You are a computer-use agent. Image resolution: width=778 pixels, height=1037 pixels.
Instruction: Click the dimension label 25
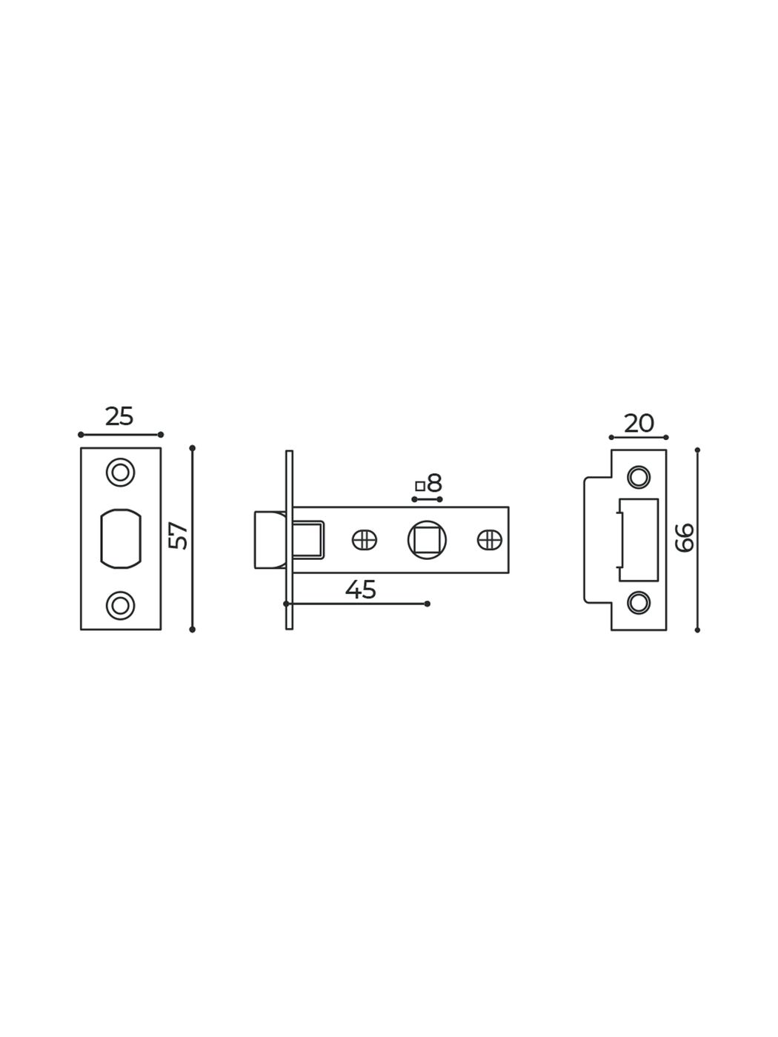pos(119,416)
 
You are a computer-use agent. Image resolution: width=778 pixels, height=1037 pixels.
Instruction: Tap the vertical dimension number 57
pos(179,536)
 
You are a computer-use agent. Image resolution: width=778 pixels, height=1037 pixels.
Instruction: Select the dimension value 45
pos(360,590)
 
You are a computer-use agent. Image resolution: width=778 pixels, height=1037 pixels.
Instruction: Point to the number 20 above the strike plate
pos(639,423)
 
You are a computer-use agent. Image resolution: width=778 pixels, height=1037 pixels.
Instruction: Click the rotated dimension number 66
pos(685,538)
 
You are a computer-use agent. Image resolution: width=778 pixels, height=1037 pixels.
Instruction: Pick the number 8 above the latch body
pos(434,483)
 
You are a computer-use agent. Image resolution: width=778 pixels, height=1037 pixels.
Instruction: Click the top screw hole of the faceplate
pos(121,472)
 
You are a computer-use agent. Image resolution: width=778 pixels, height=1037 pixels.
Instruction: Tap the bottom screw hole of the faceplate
pos(121,605)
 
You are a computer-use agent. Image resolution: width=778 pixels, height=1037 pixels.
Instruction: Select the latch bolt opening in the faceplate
pos(121,538)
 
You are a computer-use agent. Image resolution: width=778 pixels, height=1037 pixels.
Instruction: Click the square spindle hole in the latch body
pos(427,539)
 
